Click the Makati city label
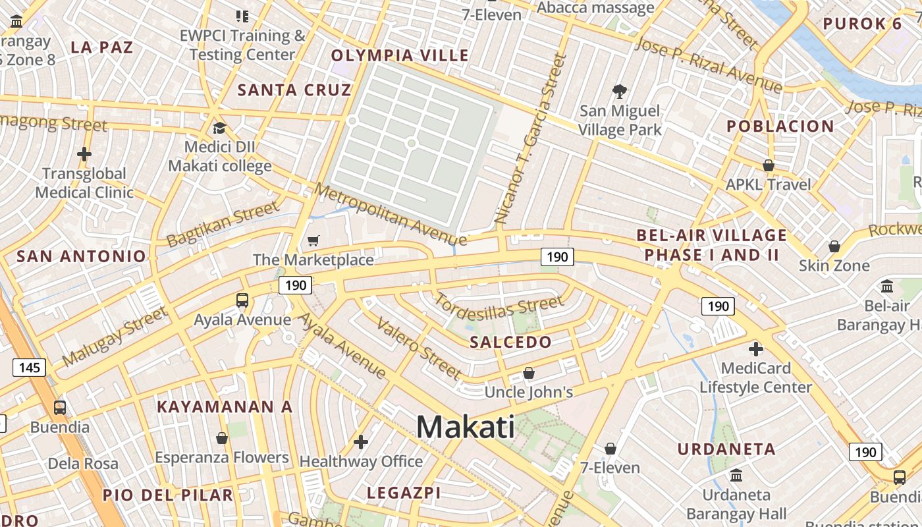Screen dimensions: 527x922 point(466,427)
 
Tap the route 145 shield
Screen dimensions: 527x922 point(30,367)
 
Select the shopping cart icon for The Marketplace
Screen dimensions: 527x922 point(313,241)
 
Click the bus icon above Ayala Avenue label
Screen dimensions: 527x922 point(242,300)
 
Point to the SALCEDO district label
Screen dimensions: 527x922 point(510,342)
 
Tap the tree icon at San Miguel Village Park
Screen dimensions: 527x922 point(619,91)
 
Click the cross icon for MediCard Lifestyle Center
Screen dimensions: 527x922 point(755,348)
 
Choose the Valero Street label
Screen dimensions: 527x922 point(418,348)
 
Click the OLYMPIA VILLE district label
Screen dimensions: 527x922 point(400,55)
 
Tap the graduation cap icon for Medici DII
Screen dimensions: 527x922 point(219,128)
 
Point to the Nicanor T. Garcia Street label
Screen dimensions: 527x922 point(530,138)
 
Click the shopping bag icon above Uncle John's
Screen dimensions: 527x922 point(528,374)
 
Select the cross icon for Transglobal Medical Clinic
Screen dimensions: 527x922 point(84,155)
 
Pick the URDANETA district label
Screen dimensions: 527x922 point(727,449)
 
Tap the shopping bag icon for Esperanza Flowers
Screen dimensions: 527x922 point(222,438)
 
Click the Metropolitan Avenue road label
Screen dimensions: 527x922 point(389,215)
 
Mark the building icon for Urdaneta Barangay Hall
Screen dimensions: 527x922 point(736,475)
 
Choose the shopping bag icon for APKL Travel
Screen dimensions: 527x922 point(768,165)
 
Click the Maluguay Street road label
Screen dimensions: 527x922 point(115,337)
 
